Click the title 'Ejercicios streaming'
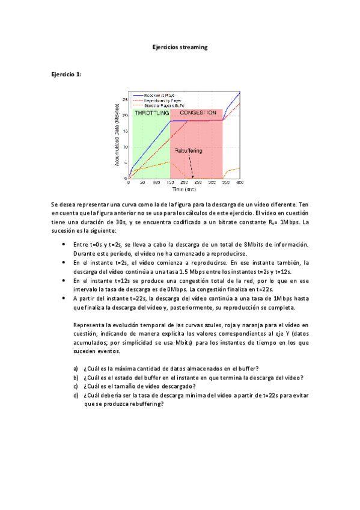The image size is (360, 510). click(180, 47)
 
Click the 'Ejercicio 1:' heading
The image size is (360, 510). click(66, 74)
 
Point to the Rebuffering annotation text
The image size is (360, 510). click(189, 151)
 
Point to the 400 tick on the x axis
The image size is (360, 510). click(240, 183)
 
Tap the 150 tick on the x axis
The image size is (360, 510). click(171, 183)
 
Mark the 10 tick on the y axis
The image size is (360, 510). click(124, 147)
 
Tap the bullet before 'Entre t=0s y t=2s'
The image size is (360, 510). click(64, 244)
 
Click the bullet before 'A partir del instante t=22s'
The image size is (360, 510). click(64, 298)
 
